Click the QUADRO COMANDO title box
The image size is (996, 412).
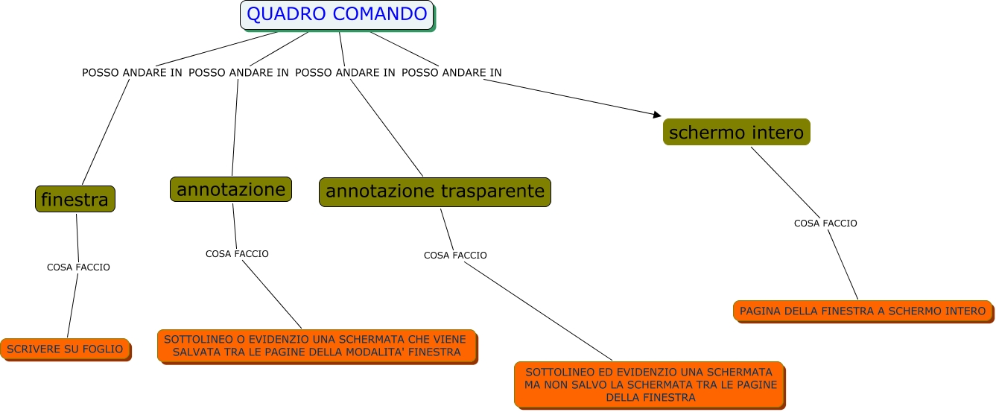[337, 14]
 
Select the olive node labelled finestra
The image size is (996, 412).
[75, 200]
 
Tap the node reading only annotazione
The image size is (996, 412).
[231, 189]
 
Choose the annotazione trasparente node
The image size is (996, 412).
[435, 191]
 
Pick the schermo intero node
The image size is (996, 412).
[736, 133]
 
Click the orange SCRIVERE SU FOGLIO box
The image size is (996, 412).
[65, 349]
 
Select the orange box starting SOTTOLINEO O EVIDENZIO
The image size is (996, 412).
[317, 346]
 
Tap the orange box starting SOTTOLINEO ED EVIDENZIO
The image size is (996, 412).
[649, 384]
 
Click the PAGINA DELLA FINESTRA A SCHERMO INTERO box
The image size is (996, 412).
[863, 311]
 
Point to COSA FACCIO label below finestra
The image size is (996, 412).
[78, 267]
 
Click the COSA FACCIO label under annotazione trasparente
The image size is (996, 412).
[455, 256]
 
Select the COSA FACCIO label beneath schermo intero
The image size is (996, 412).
[825, 223]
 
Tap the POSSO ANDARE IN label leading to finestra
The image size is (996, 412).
[132, 73]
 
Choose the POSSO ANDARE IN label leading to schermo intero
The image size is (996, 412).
[451, 73]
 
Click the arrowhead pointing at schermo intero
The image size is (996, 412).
[657, 114]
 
